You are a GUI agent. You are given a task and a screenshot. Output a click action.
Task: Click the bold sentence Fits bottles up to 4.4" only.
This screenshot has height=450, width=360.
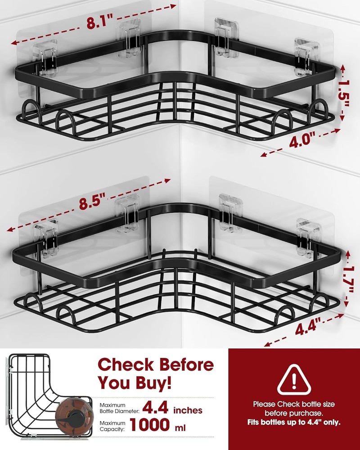294,423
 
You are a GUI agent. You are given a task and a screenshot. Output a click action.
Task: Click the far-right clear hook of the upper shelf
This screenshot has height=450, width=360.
306,55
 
